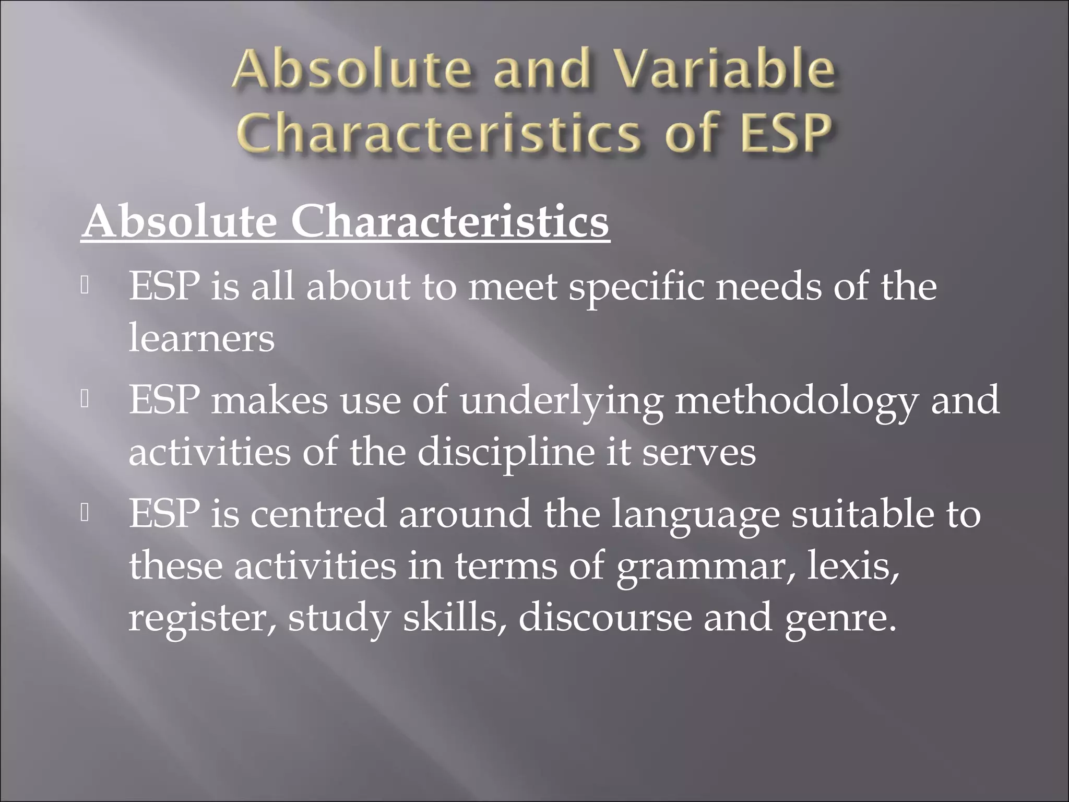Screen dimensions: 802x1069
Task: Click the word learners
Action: tap(201, 338)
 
